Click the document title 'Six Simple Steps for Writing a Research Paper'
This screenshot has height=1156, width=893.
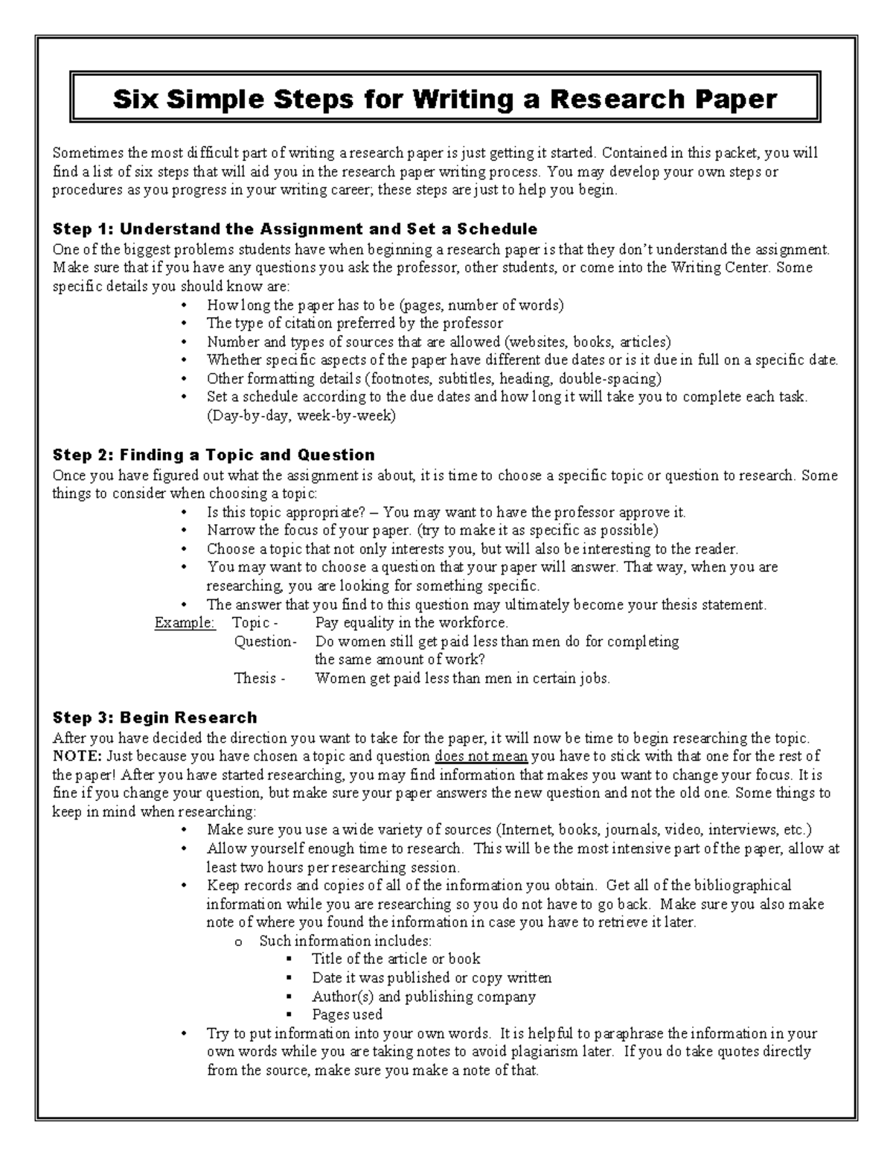click(x=445, y=98)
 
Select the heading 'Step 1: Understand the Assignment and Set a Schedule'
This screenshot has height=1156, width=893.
click(x=295, y=229)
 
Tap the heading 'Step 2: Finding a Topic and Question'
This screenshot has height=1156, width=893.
click(x=214, y=455)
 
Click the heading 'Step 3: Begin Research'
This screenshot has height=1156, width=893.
click(x=155, y=718)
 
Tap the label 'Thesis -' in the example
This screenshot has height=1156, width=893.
click(x=260, y=678)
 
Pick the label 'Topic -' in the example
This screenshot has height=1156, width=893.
click(x=256, y=623)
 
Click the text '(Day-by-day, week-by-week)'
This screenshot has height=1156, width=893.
click(x=301, y=416)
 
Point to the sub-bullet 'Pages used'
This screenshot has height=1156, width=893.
click(x=347, y=1015)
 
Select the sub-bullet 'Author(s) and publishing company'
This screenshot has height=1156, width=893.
click(x=423, y=996)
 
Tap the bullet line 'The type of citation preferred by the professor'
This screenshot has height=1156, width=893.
click(x=355, y=323)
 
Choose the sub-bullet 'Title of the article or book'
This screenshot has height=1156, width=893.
click(x=396, y=959)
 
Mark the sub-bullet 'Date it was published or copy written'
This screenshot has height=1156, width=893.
click(x=432, y=977)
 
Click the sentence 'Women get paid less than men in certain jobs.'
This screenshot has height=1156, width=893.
click(x=462, y=678)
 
